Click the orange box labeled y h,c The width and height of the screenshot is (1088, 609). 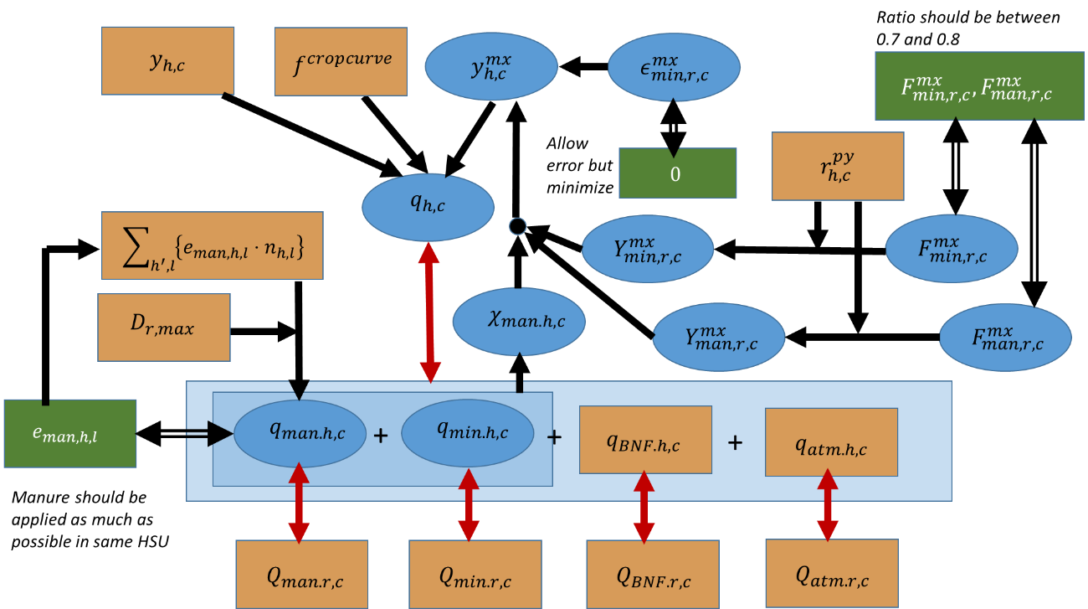167,60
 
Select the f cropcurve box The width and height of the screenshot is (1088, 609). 341,61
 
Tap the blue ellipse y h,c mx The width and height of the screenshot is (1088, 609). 490,66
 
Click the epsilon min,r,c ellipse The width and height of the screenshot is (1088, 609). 674,67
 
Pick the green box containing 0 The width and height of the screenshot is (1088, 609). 677,173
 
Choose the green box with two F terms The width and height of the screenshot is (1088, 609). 978,86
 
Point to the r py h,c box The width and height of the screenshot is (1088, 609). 838,166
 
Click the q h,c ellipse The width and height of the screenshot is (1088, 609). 428,207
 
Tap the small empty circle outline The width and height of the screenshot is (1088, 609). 518,226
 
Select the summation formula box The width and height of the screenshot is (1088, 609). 212,245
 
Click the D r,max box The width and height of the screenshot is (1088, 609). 164,327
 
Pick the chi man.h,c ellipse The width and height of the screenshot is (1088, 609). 519,322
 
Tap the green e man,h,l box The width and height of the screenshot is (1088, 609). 69,433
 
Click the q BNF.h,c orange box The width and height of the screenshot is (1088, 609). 645,440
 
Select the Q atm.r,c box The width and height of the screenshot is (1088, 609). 831,573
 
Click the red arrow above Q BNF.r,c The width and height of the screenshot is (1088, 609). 644,507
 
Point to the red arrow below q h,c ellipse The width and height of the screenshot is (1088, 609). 429,312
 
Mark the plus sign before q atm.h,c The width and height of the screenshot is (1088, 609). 735,443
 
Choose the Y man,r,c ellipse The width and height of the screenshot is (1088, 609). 719,337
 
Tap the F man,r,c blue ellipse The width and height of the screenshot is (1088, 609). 1005,337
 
